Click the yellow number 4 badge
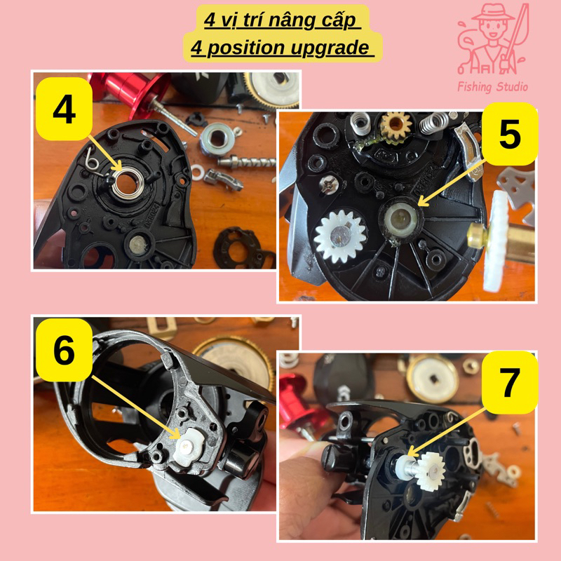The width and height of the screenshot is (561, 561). [x=64, y=109]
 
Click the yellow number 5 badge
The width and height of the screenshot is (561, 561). [x=510, y=134]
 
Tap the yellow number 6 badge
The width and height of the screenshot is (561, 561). [x=64, y=350]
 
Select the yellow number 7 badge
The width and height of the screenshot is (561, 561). [x=510, y=382]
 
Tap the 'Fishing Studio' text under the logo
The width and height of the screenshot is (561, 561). [x=493, y=86]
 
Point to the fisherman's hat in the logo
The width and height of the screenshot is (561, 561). [x=494, y=13]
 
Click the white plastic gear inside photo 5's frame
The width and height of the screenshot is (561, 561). [x=339, y=236]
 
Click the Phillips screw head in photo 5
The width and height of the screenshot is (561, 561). [x=329, y=185]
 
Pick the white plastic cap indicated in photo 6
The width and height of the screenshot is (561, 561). [x=189, y=446]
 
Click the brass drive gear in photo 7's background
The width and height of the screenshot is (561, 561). [x=432, y=379]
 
